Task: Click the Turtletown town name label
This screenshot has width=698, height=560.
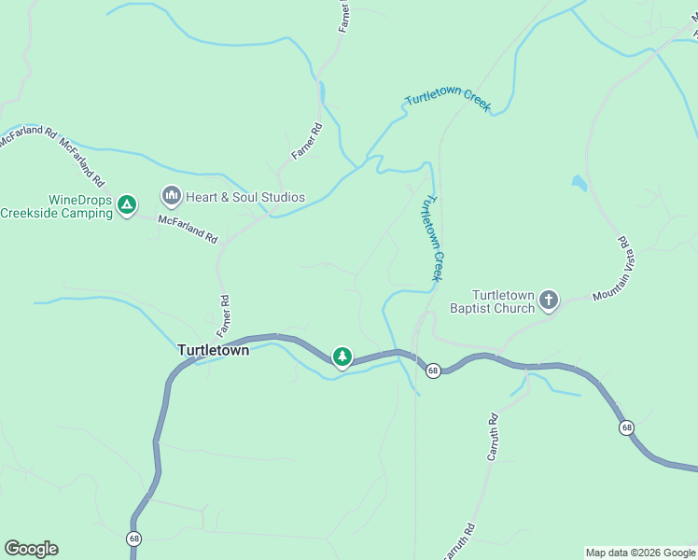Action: pyautogui.click(x=213, y=351)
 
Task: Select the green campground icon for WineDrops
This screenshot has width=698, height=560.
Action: pyautogui.click(x=127, y=204)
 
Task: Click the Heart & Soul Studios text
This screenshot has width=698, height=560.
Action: pyautogui.click(x=244, y=197)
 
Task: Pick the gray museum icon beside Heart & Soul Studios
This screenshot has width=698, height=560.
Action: pyautogui.click(x=171, y=196)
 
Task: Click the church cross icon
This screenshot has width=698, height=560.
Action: pyautogui.click(x=549, y=301)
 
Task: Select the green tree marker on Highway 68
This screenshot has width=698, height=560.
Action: pyautogui.click(x=342, y=357)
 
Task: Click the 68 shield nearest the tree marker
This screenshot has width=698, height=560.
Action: pyautogui.click(x=433, y=371)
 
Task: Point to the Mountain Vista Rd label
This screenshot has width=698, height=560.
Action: pyautogui.click(x=611, y=271)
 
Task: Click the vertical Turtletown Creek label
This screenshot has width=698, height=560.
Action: pyautogui.click(x=432, y=237)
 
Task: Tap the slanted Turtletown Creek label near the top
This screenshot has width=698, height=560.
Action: pyautogui.click(x=447, y=102)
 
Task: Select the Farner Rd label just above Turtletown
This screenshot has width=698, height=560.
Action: pyautogui.click(x=224, y=316)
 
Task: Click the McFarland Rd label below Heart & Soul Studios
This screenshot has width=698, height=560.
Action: pyautogui.click(x=187, y=227)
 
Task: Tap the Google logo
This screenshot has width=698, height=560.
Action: pyautogui.click(x=31, y=549)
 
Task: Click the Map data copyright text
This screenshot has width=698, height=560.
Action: pyautogui.click(x=640, y=553)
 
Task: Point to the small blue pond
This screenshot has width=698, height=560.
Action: pyautogui.click(x=579, y=183)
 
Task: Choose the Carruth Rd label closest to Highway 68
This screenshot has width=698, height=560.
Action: pyautogui.click(x=494, y=437)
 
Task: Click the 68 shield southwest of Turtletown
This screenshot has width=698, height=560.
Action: pyautogui.click(x=135, y=539)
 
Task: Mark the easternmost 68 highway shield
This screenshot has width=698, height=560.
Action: pyautogui.click(x=626, y=427)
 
